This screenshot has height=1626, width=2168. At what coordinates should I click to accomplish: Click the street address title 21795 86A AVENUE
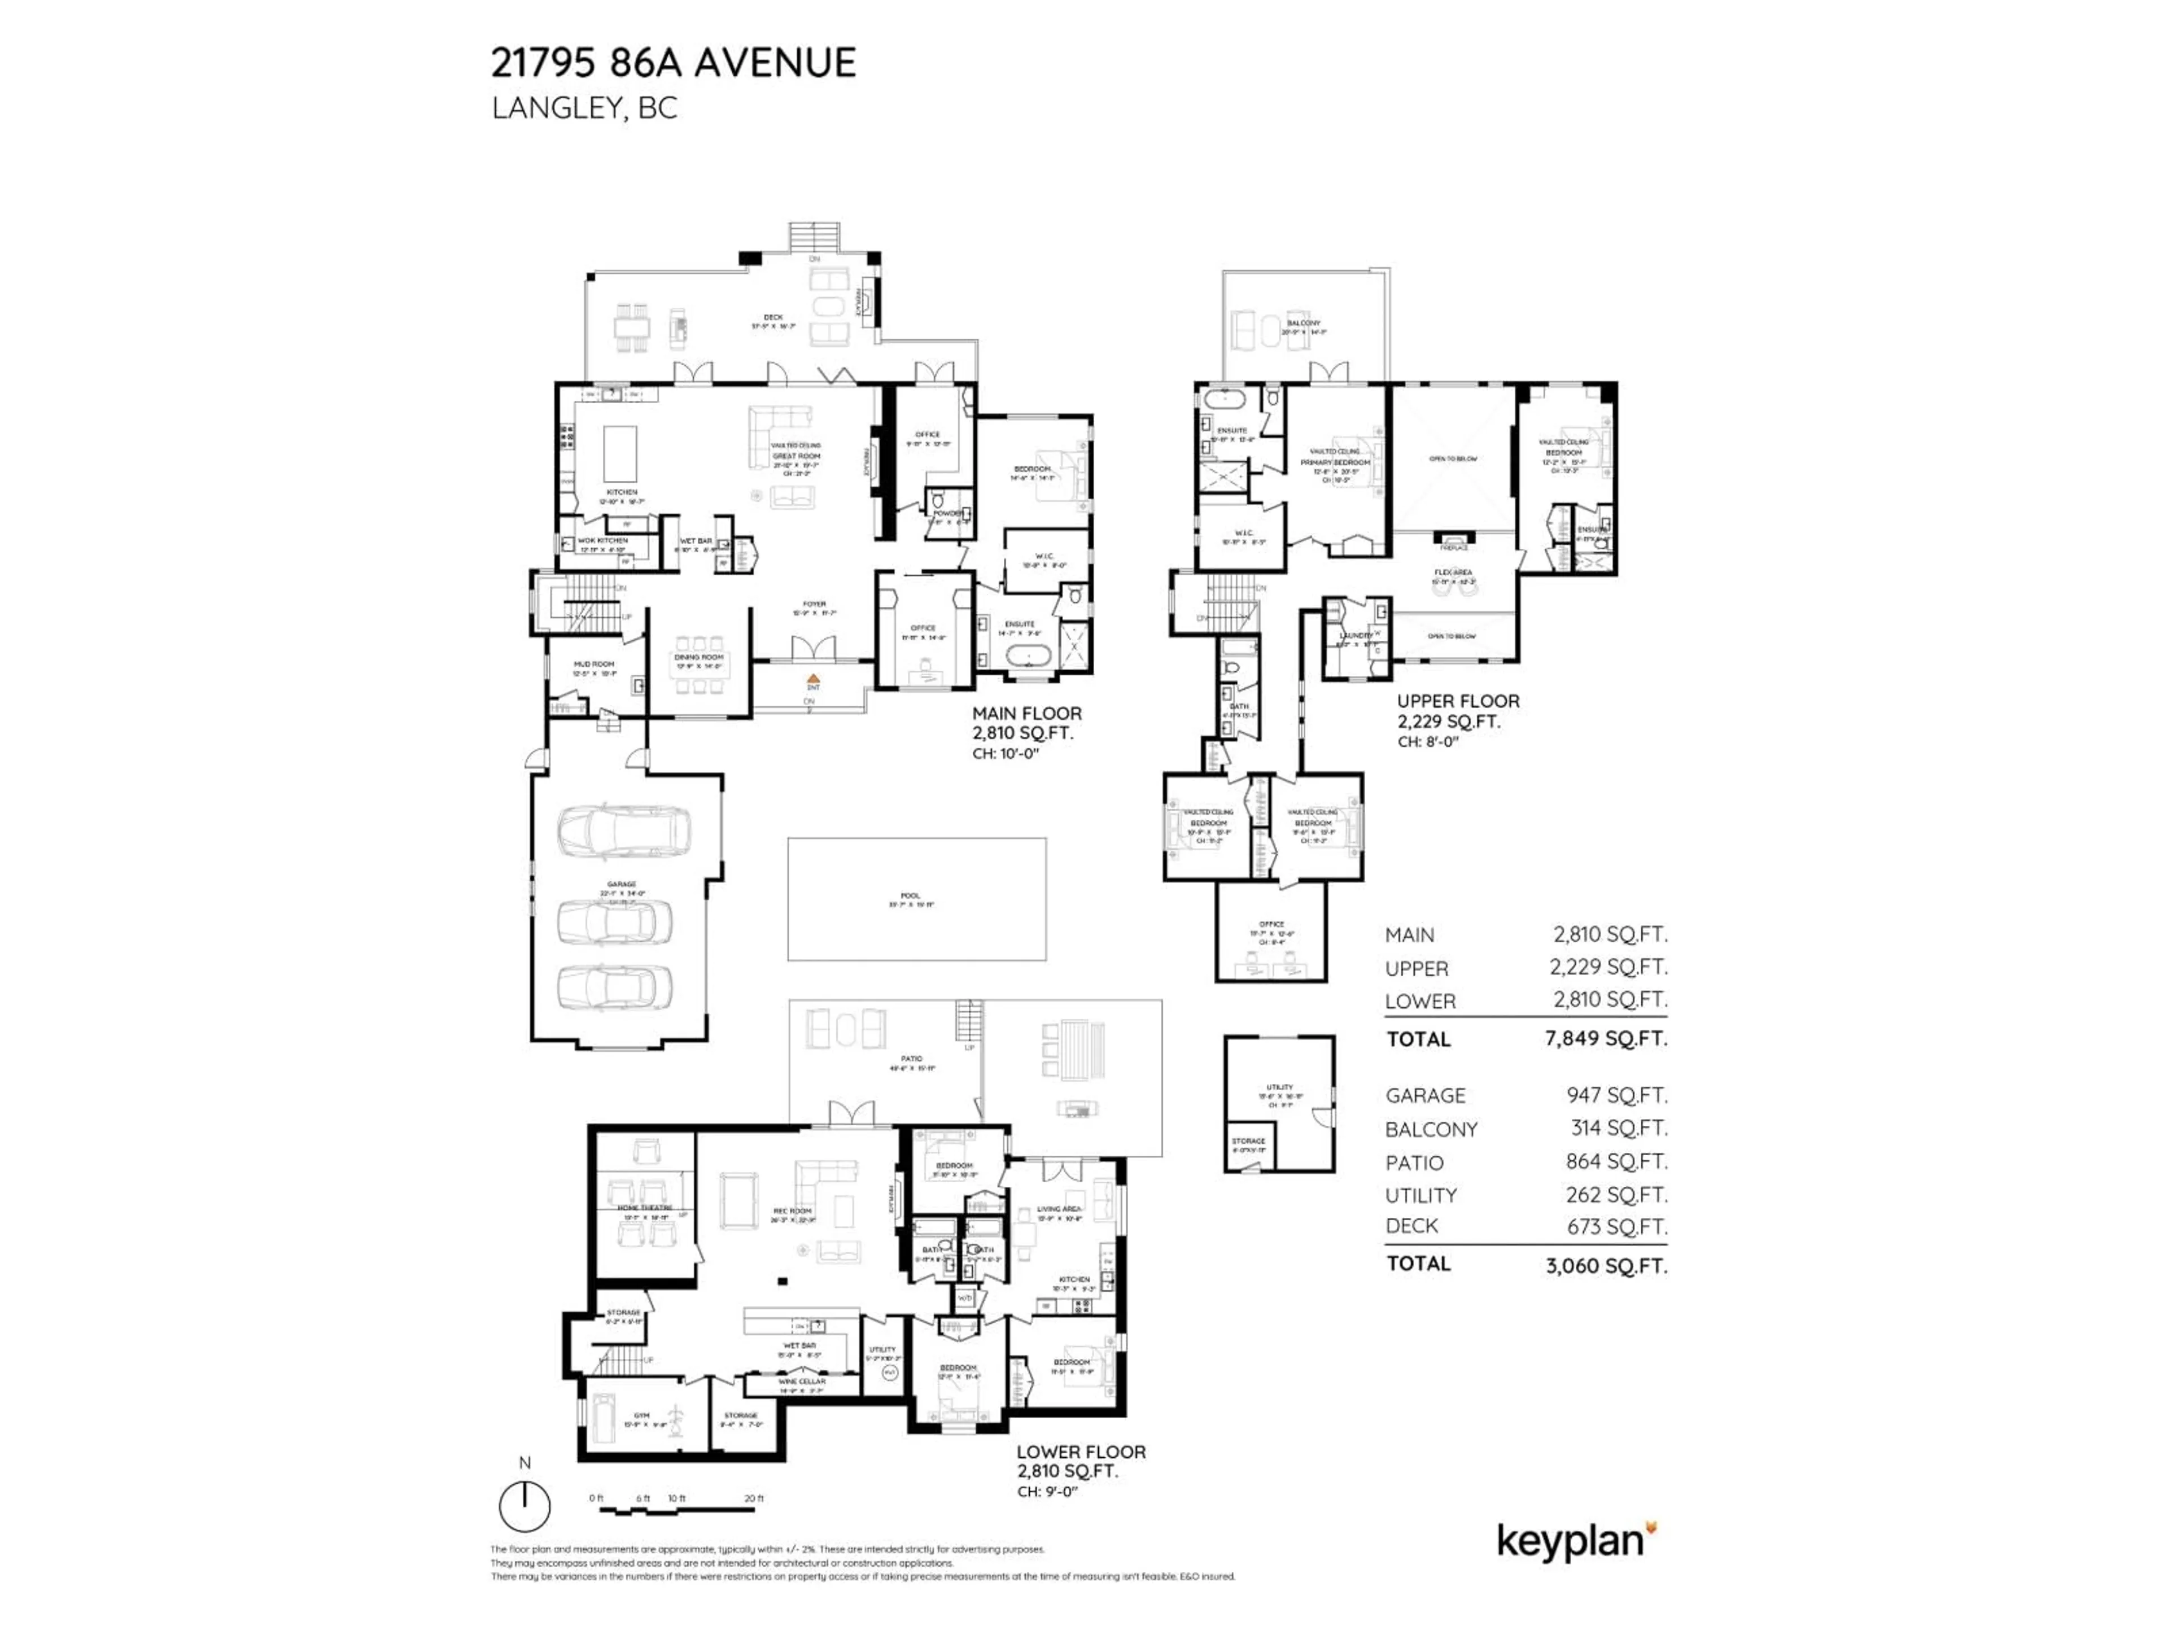click(x=674, y=63)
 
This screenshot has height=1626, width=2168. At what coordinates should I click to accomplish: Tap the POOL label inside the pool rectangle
click(x=911, y=895)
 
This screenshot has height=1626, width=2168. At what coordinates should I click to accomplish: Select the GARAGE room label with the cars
click(x=622, y=884)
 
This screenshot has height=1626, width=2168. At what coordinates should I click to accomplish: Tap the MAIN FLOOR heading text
click(x=1026, y=714)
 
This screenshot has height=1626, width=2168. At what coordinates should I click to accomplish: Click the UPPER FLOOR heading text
click(x=1457, y=701)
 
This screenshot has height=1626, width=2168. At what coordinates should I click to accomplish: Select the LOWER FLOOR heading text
click(x=1080, y=1452)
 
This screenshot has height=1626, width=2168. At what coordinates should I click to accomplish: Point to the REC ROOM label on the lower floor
click(x=792, y=1212)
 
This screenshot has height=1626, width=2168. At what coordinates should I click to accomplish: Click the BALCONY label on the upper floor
click(x=1304, y=322)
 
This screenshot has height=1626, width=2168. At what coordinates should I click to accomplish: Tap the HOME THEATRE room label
click(x=645, y=1208)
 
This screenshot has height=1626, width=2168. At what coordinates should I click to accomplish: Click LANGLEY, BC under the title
click(x=584, y=108)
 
